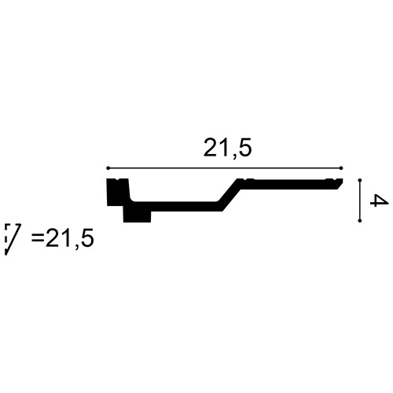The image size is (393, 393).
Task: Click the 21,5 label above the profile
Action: point(228,149)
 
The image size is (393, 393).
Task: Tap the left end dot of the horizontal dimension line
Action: point(108,168)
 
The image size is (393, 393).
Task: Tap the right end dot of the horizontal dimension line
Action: point(341,168)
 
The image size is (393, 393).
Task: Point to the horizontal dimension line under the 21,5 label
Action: point(225,168)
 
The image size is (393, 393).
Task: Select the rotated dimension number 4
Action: point(379,200)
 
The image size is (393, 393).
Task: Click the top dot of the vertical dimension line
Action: point(360,181)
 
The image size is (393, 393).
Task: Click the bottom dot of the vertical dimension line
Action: point(360,221)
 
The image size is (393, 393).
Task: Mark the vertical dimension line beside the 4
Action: point(360,200)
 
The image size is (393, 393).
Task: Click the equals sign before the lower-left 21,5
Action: point(38,239)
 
